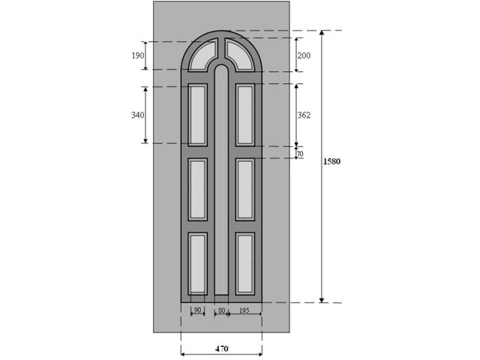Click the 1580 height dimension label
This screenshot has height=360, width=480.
click(331, 161)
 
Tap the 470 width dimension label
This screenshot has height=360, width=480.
click(222, 349)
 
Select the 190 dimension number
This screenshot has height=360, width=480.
click(138, 55)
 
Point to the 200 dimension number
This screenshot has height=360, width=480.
click(304, 55)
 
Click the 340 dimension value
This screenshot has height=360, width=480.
click(138, 115)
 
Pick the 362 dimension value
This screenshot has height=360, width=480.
click(304, 115)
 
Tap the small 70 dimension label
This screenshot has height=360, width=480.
click(300, 154)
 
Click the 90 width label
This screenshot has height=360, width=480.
click(198, 310)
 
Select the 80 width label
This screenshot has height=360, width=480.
click(221, 310)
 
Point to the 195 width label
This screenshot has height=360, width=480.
click(244, 310)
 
